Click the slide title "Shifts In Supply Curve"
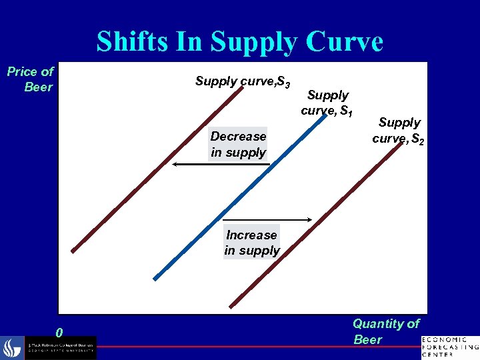pyautogui.click(x=239, y=42)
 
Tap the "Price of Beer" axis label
pyautogui.click(x=31, y=79)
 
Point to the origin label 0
pyautogui.click(x=60, y=332)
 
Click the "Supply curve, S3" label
pyautogui.click(x=242, y=82)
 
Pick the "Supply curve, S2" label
pyautogui.click(x=399, y=129)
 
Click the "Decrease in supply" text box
pyautogui.click(x=238, y=144)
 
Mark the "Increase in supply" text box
pyautogui.click(x=251, y=243)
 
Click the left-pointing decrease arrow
pyautogui.click(x=200, y=163)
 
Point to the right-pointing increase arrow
pyautogui.click(x=267, y=219)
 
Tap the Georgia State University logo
pyautogui.click(x=50, y=347)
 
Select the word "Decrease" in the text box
pyautogui.click(x=238, y=137)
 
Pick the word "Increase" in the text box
pyautogui.click(x=251, y=235)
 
